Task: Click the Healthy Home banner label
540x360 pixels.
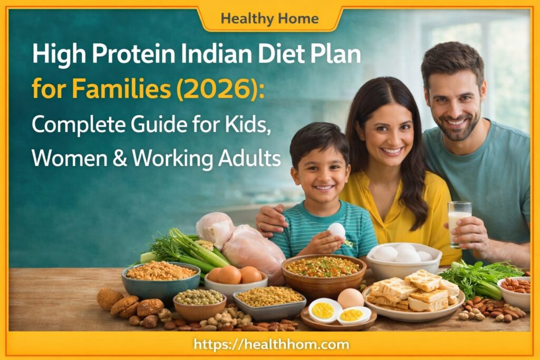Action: click(269, 19)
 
